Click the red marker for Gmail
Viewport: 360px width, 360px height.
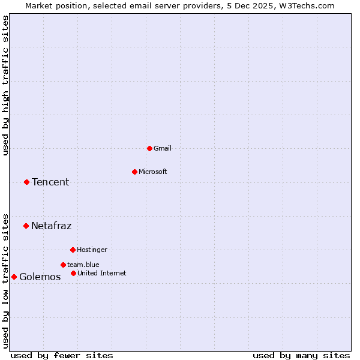(149, 148)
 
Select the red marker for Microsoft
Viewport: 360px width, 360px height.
(134, 172)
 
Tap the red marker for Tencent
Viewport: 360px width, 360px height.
(26, 182)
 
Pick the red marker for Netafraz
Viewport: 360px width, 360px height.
(26, 226)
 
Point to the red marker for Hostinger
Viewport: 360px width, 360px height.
(73, 250)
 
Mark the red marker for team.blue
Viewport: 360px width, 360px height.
(63, 265)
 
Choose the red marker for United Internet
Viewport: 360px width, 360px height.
(73, 273)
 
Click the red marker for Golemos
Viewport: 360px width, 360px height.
(14, 277)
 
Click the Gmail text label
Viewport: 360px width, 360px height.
(163, 148)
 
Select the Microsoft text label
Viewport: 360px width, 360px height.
(153, 172)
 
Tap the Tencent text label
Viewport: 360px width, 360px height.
(50, 182)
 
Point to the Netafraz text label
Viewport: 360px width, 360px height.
(51, 226)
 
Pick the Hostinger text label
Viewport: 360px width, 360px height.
(92, 250)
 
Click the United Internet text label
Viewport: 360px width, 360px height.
(102, 273)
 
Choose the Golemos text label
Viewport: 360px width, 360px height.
(40, 277)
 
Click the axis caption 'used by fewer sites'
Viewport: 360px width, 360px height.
(62, 355)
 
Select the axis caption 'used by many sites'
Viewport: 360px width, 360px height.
(301, 355)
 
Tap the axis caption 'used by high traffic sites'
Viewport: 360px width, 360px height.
(5, 85)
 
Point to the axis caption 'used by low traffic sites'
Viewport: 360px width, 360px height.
(5, 281)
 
